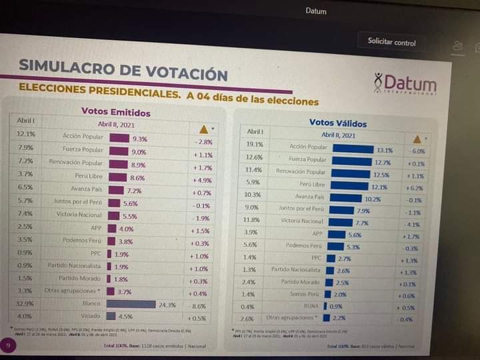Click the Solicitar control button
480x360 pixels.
(x=391, y=41)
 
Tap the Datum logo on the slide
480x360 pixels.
(x=405, y=84)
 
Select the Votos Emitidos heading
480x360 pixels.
(x=115, y=112)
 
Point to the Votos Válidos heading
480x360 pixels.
(x=338, y=123)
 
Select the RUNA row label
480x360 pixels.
(x=311, y=307)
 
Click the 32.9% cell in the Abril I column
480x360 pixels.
(x=25, y=303)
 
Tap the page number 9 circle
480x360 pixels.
(x=8, y=345)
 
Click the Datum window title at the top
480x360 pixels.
(x=315, y=11)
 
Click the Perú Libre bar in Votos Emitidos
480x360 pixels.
(x=117, y=177)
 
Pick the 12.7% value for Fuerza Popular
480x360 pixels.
(x=383, y=163)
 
